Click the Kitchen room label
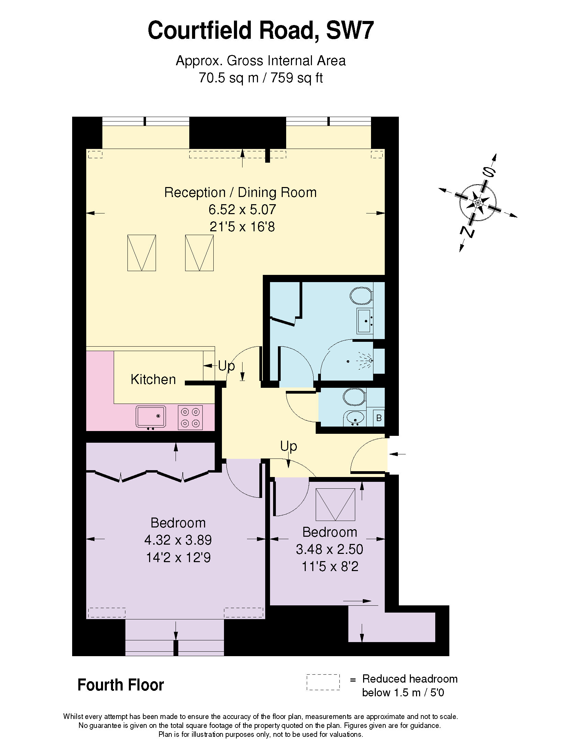(153, 379)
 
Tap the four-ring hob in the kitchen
(190, 417)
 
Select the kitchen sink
(151, 416)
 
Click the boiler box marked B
(379, 418)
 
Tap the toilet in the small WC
(354, 396)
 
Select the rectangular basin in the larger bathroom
(364, 321)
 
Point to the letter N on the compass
(468, 232)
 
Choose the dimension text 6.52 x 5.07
(242, 209)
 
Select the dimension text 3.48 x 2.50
(329, 549)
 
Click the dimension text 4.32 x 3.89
(178, 539)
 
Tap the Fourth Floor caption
(121, 685)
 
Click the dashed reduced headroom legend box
(323, 682)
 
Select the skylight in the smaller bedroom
(335, 504)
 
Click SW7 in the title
(350, 31)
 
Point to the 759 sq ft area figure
(296, 78)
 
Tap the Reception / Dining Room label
(240, 192)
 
